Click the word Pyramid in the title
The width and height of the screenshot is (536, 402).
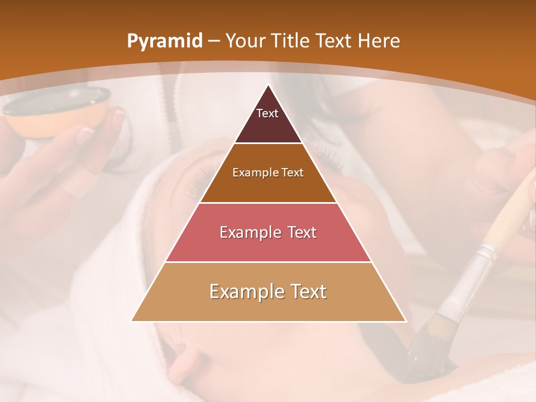click(x=164, y=41)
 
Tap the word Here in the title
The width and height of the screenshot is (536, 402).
click(x=380, y=41)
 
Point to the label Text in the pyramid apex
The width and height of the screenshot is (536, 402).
click(x=267, y=113)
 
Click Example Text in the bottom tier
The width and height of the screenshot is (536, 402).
click(x=268, y=291)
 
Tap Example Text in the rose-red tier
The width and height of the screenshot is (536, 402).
click(x=268, y=232)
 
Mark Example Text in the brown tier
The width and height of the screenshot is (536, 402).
click(x=268, y=173)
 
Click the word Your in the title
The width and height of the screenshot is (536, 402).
click(x=245, y=41)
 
